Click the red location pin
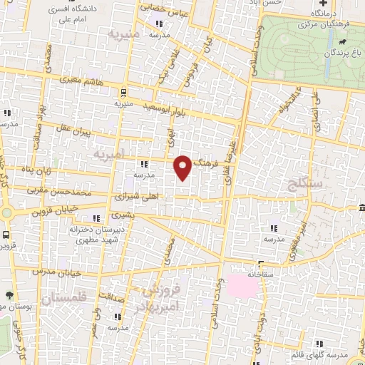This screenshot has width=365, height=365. tap(183, 166)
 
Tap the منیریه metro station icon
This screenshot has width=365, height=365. tap(124, 91)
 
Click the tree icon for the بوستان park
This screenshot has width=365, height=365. tap(9, 295)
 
